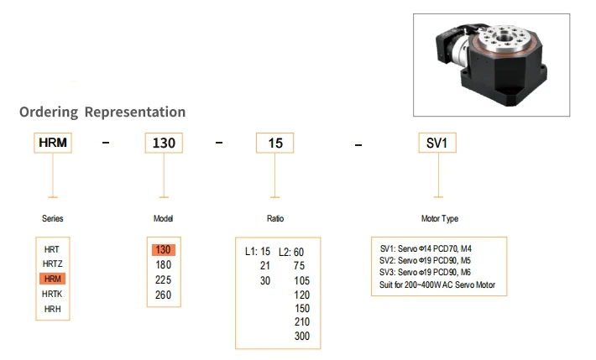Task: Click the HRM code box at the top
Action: [53, 143]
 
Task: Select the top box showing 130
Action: [164, 143]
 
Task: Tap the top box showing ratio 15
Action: [274, 143]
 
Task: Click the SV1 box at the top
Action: [437, 143]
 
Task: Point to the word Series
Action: [52, 218]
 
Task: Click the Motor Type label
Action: [440, 218]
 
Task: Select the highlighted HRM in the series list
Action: [52, 279]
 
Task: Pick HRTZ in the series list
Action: [52, 263]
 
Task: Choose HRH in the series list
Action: [52, 309]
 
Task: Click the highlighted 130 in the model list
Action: [164, 250]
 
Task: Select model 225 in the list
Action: [163, 279]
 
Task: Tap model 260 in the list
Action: [163, 295]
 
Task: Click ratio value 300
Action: [302, 336]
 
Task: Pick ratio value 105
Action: [302, 280]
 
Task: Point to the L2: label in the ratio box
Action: [285, 252]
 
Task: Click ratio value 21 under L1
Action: [265, 266]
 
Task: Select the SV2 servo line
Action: [425, 260]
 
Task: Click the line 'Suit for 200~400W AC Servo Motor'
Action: [437, 284]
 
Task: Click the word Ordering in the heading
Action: [49, 112]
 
